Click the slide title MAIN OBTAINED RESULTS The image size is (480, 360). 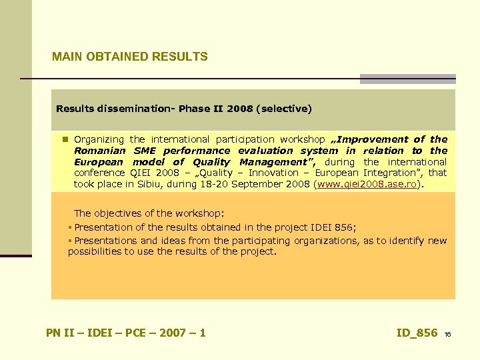coord(130,57)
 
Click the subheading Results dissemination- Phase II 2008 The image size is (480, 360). coord(153,108)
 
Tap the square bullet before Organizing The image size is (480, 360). coord(65,139)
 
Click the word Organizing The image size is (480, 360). coord(99,139)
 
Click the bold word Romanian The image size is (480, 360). coord(99,151)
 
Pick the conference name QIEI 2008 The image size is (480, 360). coord(155,173)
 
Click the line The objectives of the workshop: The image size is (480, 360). coord(149,213)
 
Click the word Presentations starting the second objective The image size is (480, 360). coord(105,241)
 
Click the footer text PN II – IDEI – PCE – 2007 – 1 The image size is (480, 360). coord(126,333)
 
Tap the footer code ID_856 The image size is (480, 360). coord(417,333)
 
